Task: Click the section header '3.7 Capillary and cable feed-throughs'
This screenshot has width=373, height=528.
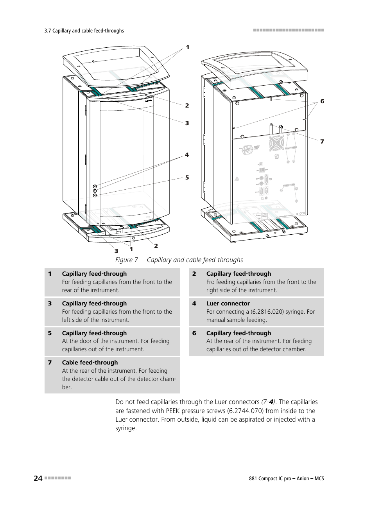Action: tap(84, 31)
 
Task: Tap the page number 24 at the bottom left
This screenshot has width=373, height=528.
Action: tap(38, 478)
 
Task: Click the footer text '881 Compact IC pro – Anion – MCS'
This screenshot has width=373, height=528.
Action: tap(286, 478)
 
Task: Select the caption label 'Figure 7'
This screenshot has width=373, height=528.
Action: tap(126, 260)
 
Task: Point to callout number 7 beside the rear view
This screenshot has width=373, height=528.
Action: tap(322, 142)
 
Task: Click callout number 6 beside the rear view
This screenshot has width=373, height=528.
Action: tap(322, 101)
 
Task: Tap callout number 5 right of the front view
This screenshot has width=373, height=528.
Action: tap(187, 178)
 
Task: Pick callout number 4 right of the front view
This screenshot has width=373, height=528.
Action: tap(187, 155)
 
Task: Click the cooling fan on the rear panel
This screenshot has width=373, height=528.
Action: tap(276, 143)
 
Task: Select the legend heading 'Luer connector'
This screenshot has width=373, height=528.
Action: tap(228, 304)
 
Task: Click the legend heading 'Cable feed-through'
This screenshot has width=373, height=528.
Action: tap(90, 363)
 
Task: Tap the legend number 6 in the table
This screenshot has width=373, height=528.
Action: tap(194, 333)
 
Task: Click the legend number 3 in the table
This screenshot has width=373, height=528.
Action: tap(50, 304)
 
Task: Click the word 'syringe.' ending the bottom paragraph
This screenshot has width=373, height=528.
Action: tap(126, 428)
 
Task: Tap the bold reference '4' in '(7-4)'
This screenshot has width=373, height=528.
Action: tap(271, 402)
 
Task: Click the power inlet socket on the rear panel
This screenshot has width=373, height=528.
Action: tap(248, 149)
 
